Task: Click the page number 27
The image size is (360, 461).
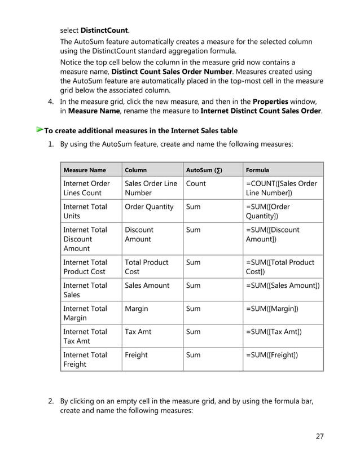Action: [x=319, y=436]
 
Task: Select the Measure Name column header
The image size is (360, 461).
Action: [x=84, y=170]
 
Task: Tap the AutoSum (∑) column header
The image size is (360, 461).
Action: [x=204, y=170]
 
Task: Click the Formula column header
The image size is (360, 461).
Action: [x=258, y=170]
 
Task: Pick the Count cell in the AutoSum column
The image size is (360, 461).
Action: [x=196, y=184]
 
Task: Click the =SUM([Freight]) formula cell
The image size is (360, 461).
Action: [x=272, y=355]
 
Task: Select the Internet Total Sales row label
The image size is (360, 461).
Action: [x=85, y=290]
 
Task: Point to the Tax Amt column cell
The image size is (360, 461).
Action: [x=138, y=332]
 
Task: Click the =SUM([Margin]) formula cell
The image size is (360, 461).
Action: [x=273, y=309]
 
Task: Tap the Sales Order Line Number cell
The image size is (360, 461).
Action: [x=151, y=188]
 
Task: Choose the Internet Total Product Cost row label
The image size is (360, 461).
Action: [x=85, y=267]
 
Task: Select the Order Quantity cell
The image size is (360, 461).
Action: [x=149, y=207]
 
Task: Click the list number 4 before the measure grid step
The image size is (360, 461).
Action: [x=50, y=102]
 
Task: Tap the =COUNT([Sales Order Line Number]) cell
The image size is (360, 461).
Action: [x=282, y=188]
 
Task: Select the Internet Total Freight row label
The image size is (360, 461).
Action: [x=85, y=359]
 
